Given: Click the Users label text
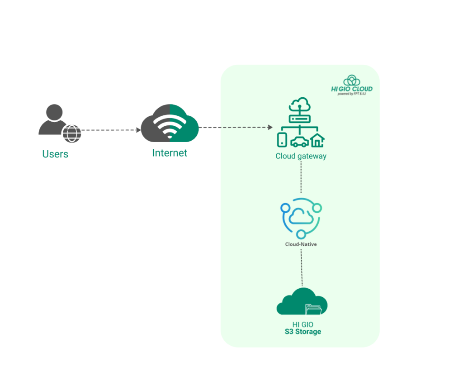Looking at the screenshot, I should (x=55, y=154).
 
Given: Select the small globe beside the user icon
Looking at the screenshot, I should (x=72, y=133).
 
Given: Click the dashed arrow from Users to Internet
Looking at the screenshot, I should (x=111, y=130).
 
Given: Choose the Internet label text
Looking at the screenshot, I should (x=170, y=153).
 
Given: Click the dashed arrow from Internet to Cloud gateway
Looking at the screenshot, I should (x=235, y=128).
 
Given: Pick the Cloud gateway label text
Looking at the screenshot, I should (x=301, y=156).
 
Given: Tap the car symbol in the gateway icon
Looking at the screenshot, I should (x=299, y=142).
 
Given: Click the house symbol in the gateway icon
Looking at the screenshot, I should (x=317, y=140).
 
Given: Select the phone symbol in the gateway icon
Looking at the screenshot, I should (x=282, y=140).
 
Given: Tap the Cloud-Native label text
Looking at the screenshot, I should (x=301, y=244).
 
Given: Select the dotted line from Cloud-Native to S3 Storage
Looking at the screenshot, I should (x=302, y=267).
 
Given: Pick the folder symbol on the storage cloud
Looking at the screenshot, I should (x=313, y=309).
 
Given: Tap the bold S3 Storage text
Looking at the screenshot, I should (x=302, y=332).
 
